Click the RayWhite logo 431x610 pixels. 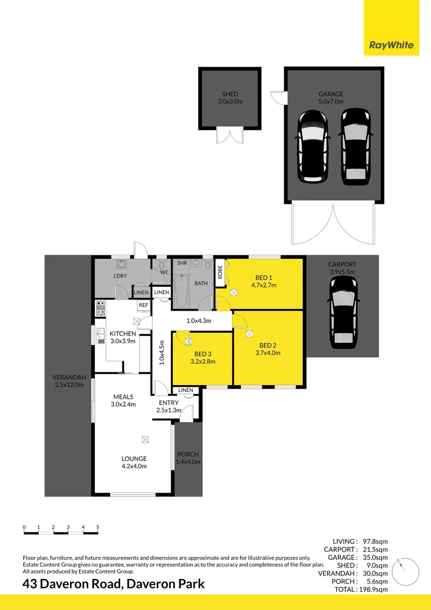392,45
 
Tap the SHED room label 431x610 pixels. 230,94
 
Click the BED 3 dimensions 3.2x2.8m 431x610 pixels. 203,361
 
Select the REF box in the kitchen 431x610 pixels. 143,305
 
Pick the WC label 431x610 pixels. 165,272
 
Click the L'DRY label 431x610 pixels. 120,276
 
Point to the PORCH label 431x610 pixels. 188,454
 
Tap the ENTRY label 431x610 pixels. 169,403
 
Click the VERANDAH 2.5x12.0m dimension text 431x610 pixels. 68,385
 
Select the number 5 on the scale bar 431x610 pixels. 98,527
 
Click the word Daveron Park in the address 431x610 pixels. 170,584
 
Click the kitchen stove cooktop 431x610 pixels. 100,308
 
